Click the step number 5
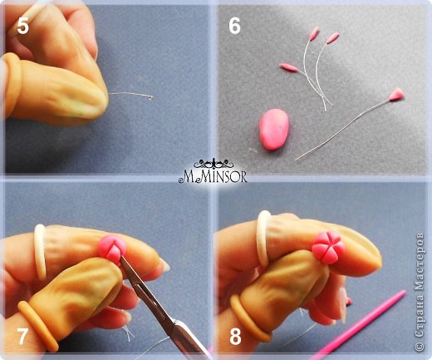(22, 27)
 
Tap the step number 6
(234, 26)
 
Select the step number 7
(22, 336)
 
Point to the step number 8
(235, 337)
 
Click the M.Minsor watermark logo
(213, 171)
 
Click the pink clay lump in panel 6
(274, 129)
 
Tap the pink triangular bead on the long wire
(396, 94)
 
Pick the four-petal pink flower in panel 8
(328, 247)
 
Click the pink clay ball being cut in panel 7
(113, 249)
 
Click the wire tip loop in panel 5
(150, 97)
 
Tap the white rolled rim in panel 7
(41, 252)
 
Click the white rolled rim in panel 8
(264, 239)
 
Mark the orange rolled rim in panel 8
(249, 318)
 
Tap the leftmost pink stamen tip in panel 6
(288, 67)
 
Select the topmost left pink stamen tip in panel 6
(314, 33)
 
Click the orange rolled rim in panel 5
(12, 83)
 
